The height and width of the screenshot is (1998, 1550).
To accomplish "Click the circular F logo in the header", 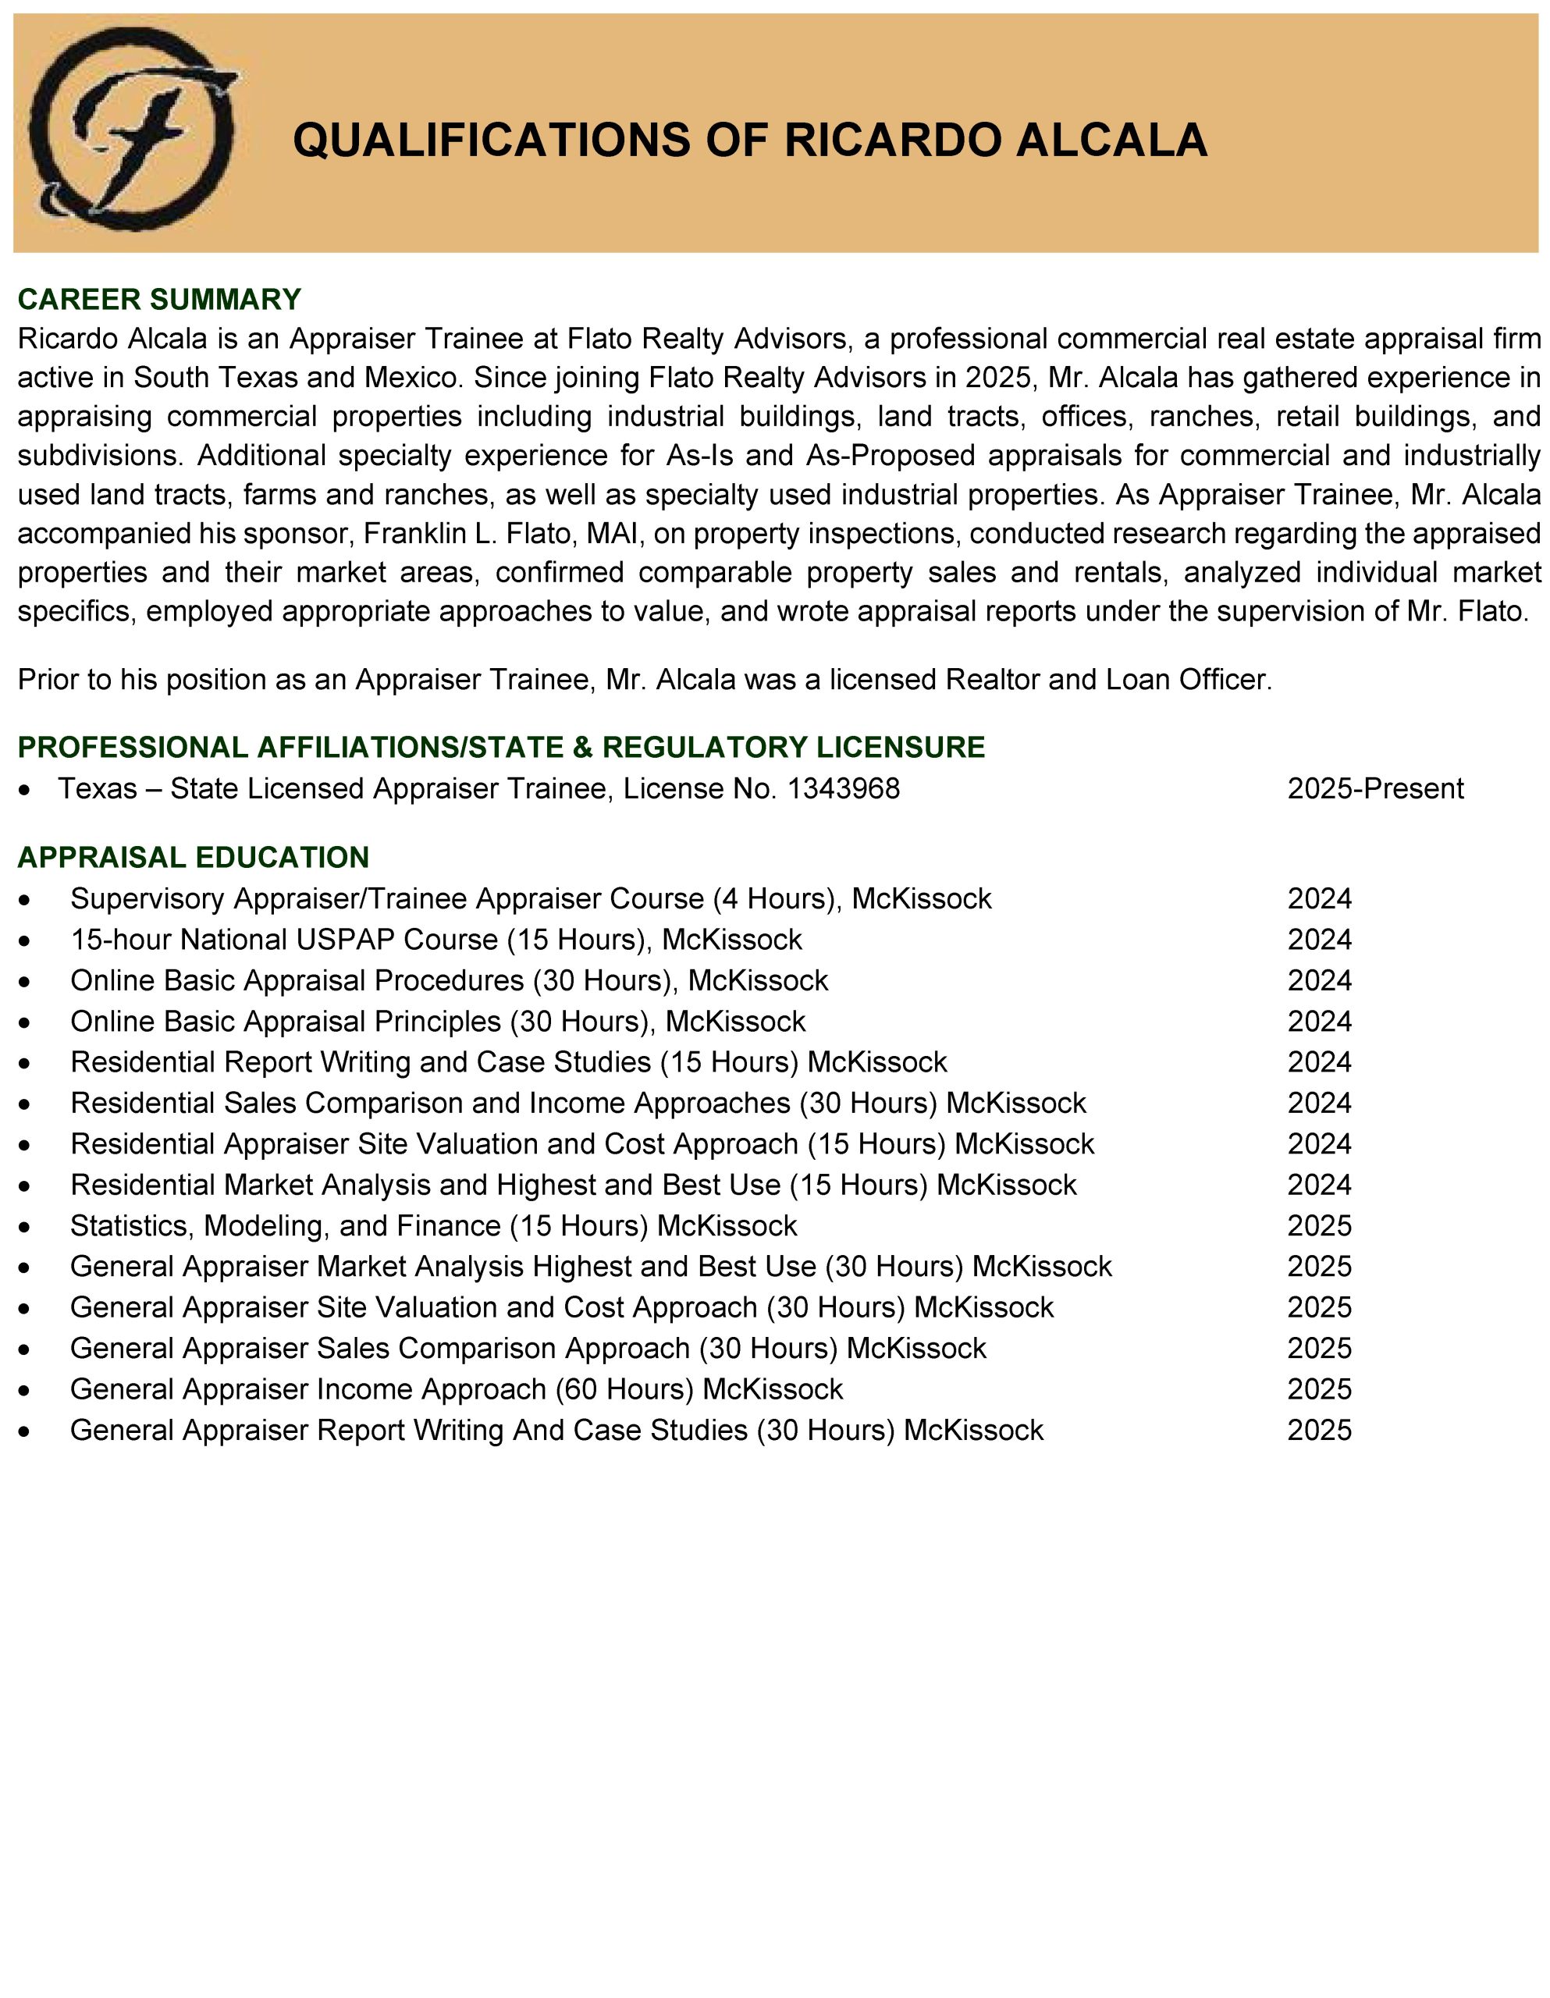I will [x=133, y=130].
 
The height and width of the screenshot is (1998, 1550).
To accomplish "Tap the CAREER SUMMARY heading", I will [x=159, y=299].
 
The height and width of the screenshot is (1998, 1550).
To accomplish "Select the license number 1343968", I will [x=843, y=788].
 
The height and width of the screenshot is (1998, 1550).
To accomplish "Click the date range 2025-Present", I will [x=1374, y=788].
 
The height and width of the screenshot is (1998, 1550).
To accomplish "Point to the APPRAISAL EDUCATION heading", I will [x=193, y=857].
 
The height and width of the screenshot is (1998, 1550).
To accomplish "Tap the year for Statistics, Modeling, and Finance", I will [x=1318, y=1226].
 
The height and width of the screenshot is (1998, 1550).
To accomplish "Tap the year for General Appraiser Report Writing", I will [x=1318, y=1430].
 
